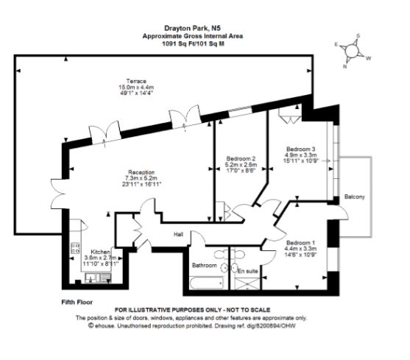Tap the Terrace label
(x=135, y=80)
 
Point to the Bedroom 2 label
(x=241, y=159)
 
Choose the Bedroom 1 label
(x=300, y=244)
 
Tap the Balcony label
(x=354, y=197)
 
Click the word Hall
(x=178, y=234)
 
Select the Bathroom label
(x=205, y=265)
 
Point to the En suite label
(x=247, y=272)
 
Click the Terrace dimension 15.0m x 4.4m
(x=135, y=87)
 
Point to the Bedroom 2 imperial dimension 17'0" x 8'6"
(x=241, y=172)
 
